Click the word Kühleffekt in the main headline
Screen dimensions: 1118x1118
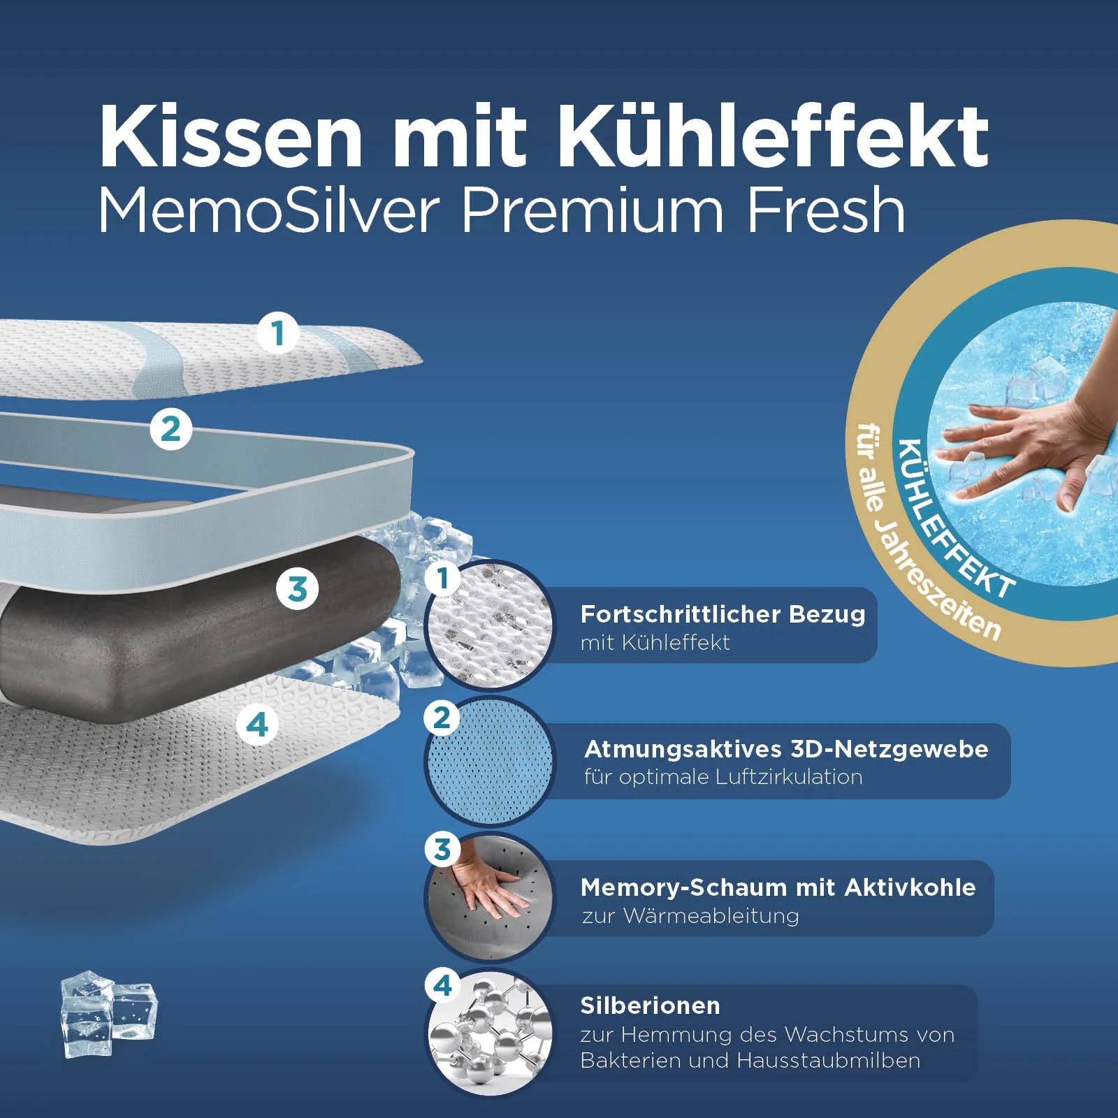point(772,136)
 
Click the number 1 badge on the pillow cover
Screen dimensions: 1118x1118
point(278,333)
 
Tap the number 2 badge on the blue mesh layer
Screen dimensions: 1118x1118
point(170,428)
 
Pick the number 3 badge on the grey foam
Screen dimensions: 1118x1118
point(297,588)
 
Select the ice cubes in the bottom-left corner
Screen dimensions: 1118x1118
point(108,1013)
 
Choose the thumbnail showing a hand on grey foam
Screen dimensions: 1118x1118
point(489,898)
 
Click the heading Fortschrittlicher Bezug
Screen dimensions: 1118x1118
point(723,614)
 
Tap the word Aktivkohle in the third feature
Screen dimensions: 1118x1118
point(910,887)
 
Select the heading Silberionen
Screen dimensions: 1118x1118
point(650,1006)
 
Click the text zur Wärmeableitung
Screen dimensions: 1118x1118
point(690,915)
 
